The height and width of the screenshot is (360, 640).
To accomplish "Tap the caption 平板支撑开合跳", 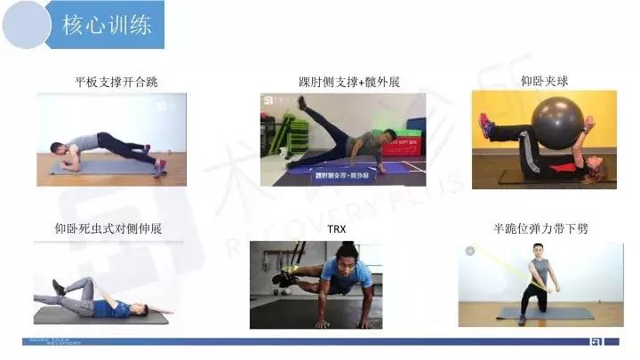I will [116, 83].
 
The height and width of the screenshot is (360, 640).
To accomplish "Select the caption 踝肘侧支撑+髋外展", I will [349, 83].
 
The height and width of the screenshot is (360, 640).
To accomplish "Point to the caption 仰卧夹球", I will [544, 82].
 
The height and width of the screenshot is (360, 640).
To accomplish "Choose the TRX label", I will [337, 229].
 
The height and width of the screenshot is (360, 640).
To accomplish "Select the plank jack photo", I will [112, 139].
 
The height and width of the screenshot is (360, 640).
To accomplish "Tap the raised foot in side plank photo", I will [303, 104].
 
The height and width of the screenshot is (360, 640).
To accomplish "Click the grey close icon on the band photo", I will [469, 252].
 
